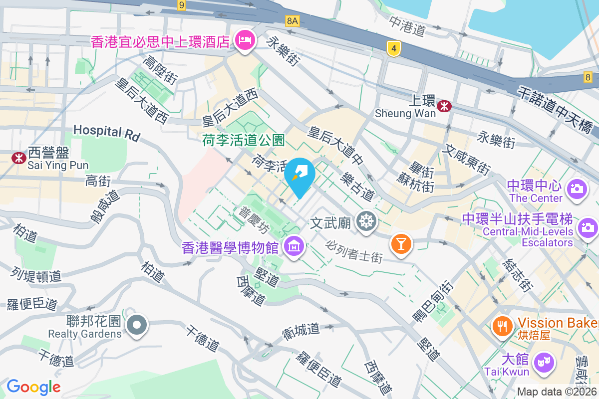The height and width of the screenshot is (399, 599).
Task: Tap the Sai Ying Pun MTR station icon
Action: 19,158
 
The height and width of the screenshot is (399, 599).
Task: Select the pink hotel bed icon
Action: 244,39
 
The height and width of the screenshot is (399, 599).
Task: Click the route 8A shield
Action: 293,20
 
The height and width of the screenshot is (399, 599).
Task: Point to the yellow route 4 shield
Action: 394,48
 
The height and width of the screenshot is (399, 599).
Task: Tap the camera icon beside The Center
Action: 576,189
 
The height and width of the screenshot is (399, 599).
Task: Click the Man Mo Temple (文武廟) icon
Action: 367,222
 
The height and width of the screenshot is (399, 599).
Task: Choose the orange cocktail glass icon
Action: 401,243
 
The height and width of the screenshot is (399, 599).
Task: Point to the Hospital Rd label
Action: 107,132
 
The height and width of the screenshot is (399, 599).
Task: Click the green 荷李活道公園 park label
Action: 244,141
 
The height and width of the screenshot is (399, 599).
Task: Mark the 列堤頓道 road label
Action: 36,275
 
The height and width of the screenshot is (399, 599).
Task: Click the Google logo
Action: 33,387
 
